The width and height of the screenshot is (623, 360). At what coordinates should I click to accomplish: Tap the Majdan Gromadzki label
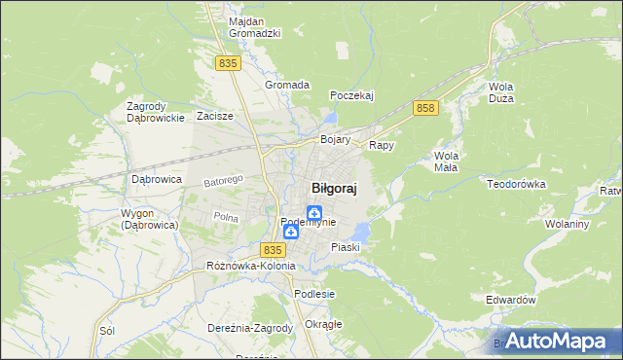click(x=254, y=26)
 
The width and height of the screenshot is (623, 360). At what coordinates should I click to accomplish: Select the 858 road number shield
click(x=423, y=108)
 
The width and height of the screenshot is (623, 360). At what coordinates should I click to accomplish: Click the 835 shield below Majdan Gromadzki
click(x=228, y=62)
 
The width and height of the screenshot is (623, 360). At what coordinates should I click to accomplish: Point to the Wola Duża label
click(x=501, y=92)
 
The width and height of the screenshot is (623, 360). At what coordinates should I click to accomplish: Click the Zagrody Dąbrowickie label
click(x=156, y=112)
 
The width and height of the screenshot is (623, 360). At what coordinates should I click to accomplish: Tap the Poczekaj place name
click(x=352, y=95)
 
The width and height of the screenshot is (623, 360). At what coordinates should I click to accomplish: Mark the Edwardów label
click(x=511, y=301)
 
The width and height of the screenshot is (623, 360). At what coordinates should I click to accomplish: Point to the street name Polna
click(x=226, y=217)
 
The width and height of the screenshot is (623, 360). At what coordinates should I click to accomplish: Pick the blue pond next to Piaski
click(x=360, y=232)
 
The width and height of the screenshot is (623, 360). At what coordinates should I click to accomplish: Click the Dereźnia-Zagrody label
click(x=250, y=328)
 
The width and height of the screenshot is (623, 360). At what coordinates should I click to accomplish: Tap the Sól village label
click(x=107, y=331)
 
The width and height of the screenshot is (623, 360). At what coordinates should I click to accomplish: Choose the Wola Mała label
click(x=447, y=161)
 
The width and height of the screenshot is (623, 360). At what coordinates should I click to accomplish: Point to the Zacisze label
click(x=214, y=116)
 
